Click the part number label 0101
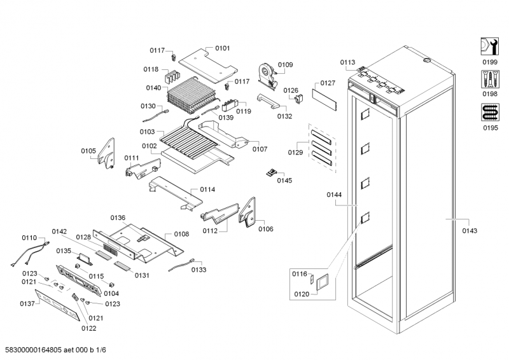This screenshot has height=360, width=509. click(222, 48)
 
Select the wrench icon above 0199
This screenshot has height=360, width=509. click(489, 46)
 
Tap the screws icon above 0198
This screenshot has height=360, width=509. click(489, 80)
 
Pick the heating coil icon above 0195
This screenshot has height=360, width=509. click(489, 113)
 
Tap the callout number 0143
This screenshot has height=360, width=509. click(470, 230)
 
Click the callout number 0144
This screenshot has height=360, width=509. click(335, 195)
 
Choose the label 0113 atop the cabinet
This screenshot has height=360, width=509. click(347, 62)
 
